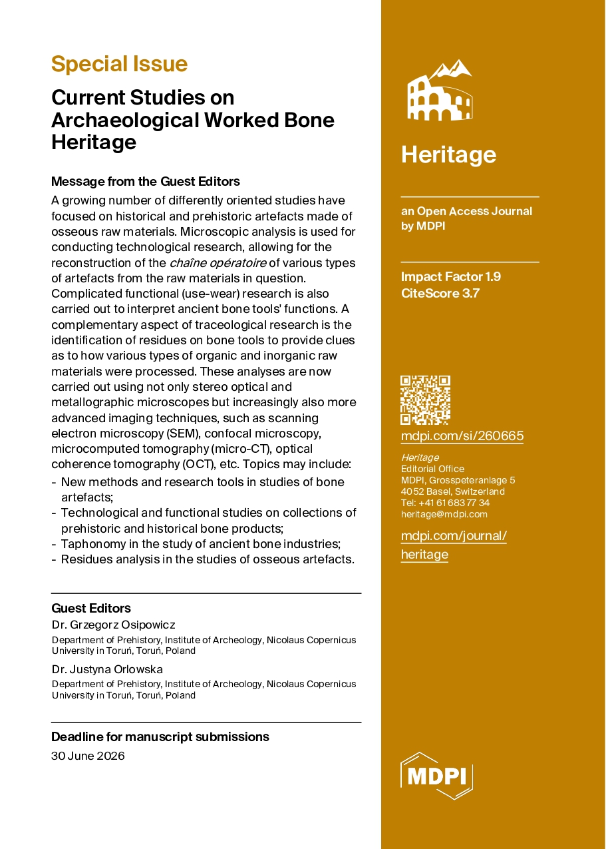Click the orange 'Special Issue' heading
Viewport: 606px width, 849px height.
pyautogui.click(x=119, y=64)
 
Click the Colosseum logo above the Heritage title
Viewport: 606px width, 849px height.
pyautogui.click(x=438, y=91)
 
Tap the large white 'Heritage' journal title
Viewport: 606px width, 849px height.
pyautogui.click(x=448, y=154)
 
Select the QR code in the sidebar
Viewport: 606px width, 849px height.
pyautogui.click(x=425, y=400)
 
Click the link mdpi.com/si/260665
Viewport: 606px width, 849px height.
pyautogui.click(x=462, y=436)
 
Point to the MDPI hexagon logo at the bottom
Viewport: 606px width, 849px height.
pyautogui.click(x=436, y=775)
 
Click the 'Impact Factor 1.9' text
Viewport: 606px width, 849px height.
pyautogui.click(x=450, y=276)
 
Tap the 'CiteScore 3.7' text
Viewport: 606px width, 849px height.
pyautogui.click(x=440, y=292)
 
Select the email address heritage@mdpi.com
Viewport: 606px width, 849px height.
pyautogui.click(x=444, y=514)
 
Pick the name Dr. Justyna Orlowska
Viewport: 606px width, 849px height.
pyautogui.click(x=107, y=669)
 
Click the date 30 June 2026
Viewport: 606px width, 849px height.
pyautogui.click(x=88, y=756)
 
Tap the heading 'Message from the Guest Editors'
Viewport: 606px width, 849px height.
pyautogui.click(x=145, y=181)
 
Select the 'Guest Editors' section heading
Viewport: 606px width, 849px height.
pyautogui.click(x=91, y=608)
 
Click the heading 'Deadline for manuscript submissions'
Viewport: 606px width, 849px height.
pyautogui.click(x=160, y=736)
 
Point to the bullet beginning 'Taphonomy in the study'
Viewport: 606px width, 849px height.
pyautogui.click(x=200, y=544)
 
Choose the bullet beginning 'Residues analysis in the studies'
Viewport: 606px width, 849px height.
pyautogui.click(x=207, y=559)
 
